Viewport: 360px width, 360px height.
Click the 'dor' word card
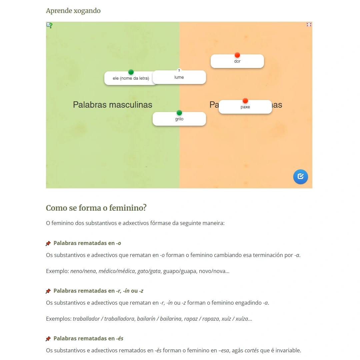pos(237,62)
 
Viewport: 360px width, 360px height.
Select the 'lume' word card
pos(179,78)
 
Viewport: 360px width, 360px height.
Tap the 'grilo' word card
pos(179,119)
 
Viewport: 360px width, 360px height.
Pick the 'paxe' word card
pos(245,107)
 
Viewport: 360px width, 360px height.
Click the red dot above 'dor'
pos(237,55)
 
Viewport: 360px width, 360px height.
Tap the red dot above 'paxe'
pos(245,101)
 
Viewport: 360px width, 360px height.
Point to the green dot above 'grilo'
pos(179,113)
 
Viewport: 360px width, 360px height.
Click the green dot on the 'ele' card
pos(131,72)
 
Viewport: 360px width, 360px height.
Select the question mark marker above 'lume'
pos(179,70)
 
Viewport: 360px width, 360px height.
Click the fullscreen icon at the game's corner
pos(309,25)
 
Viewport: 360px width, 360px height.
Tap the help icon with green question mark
pos(49,25)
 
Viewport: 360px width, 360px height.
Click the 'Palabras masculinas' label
pos(112,105)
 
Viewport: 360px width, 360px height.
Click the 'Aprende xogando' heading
pos(73,11)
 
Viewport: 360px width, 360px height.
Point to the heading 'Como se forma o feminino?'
pos(96,208)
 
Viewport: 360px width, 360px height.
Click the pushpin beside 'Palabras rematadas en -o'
pos(48,243)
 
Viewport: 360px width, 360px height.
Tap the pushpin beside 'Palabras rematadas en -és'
pos(48,339)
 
